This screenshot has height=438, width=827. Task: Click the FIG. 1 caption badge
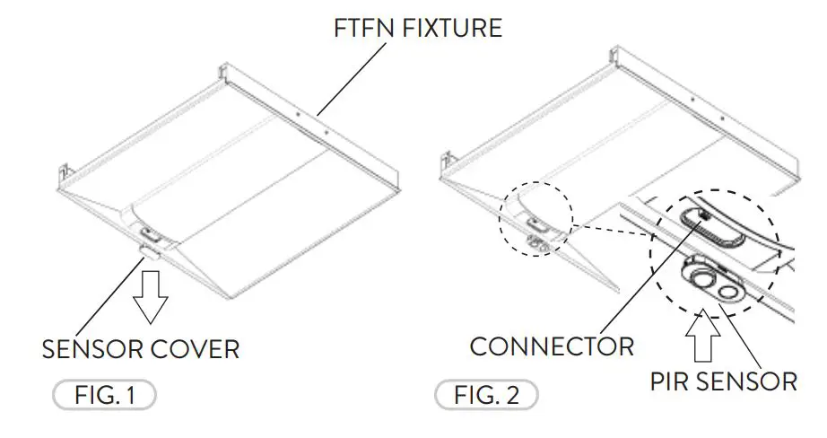[104, 395]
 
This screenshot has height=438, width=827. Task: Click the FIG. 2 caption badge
[487, 395]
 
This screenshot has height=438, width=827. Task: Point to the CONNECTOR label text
[552, 346]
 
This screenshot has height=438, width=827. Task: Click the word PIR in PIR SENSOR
[674, 381]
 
